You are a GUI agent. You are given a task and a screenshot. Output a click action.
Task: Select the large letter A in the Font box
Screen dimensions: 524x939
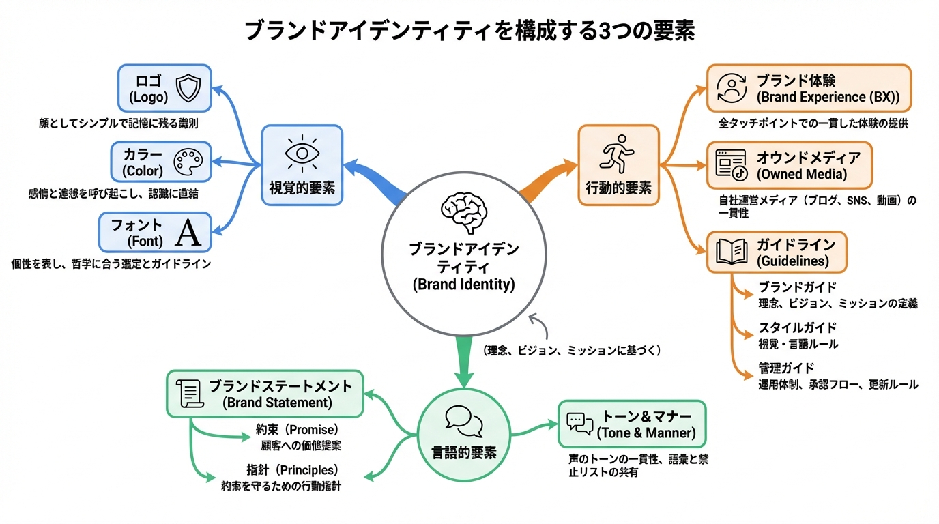pyautogui.click(x=188, y=233)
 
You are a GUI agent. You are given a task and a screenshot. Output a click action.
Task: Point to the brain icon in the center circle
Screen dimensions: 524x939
pyautogui.click(x=463, y=211)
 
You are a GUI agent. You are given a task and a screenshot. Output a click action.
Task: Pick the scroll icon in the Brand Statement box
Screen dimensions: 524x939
pyautogui.click(x=188, y=394)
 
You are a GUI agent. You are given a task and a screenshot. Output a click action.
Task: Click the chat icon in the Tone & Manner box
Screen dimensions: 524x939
pyautogui.click(x=579, y=424)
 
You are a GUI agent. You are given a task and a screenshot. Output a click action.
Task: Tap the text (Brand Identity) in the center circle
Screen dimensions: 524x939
pyautogui.click(x=463, y=285)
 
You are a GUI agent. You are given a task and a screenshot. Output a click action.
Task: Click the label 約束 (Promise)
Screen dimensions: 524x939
pyautogui.click(x=298, y=430)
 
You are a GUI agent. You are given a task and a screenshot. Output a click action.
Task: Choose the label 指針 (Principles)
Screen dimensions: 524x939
pyautogui.click(x=292, y=470)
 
